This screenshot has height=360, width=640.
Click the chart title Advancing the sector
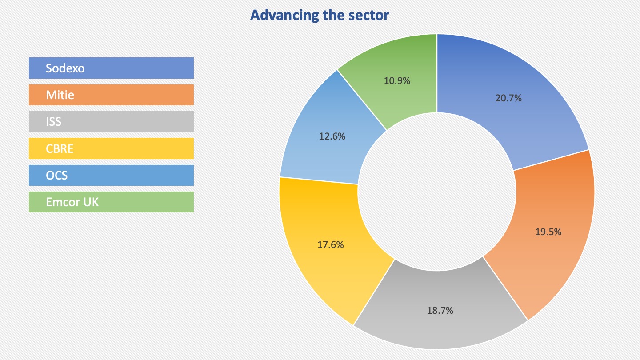[x=320, y=16]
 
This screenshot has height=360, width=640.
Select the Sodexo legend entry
[x=111, y=68]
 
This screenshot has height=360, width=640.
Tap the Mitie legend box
[x=111, y=95]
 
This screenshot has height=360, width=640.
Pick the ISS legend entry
[x=111, y=121]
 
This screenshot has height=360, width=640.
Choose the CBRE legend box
[x=111, y=148]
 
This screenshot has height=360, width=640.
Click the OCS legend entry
[x=111, y=175]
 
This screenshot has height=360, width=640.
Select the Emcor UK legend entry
[x=111, y=202]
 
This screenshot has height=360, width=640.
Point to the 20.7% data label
[x=508, y=98]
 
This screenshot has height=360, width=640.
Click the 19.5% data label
[x=548, y=232]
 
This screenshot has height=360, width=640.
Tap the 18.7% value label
[x=440, y=310]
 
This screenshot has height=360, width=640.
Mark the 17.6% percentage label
[x=331, y=244]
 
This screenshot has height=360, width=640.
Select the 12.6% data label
[x=332, y=136]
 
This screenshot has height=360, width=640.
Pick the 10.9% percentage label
[x=397, y=81]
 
